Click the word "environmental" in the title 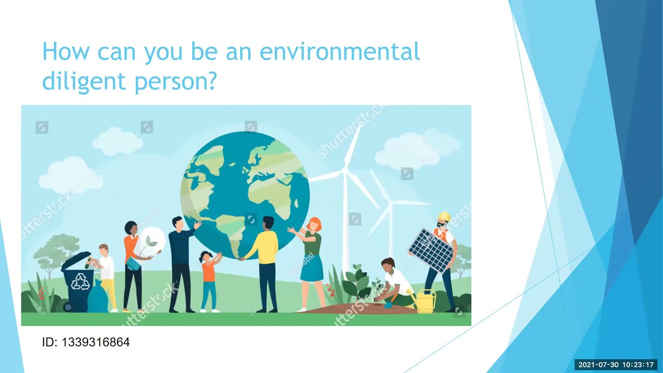tap(339, 52)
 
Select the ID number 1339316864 tap(95, 342)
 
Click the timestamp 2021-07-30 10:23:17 tap(616, 365)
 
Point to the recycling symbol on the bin tap(80, 281)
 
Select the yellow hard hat tap(444, 217)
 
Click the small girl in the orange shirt tap(209, 280)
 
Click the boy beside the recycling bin tap(107, 275)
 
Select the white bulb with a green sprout tap(151, 241)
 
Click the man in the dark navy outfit tap(181, 262)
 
